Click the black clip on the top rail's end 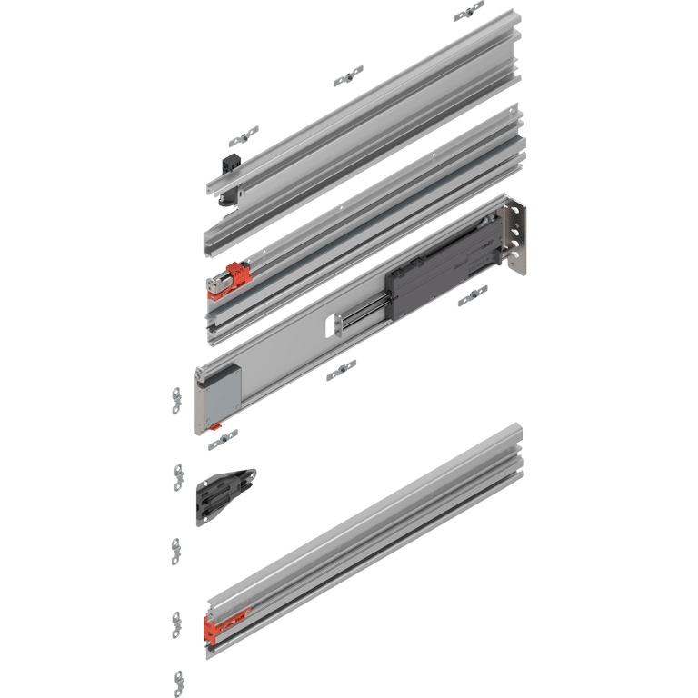(x=229, y=167)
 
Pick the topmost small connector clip (x=469, y=11)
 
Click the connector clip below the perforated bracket (x=472, y=296)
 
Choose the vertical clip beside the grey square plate (x=176, y=400)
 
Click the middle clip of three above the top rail (x=347, y=75)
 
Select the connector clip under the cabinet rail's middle (x=342, y=369)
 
